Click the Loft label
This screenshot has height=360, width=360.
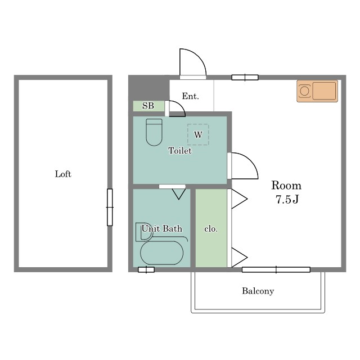[63, 174]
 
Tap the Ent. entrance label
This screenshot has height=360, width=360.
[190, 96]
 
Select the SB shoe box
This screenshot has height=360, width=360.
[148, 106]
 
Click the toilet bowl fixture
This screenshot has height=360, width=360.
[154, 132]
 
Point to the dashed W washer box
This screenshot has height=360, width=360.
[198, 134]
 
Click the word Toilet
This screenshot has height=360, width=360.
[180, 151]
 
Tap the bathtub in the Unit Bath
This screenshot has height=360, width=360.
[161, 253]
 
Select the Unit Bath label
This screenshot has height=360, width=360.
[161, 228]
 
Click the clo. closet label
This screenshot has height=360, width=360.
[211, 229]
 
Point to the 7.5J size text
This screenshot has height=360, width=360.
[287, 199]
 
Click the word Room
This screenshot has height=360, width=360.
[286, 185]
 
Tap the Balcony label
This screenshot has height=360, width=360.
[258, 291]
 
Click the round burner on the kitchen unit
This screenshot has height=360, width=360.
[304, 91]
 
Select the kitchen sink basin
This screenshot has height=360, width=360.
[324, 91]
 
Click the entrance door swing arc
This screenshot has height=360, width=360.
[198, 56]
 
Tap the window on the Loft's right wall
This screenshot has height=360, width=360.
[110, 208]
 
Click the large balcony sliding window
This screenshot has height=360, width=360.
[276, 269]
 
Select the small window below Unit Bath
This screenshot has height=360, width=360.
[146, 269]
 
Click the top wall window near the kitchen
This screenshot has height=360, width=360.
[245, 78]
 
